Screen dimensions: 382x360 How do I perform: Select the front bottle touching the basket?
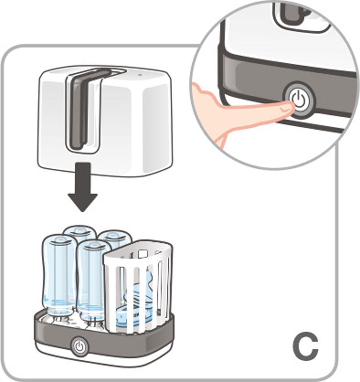[x=90, y=276]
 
